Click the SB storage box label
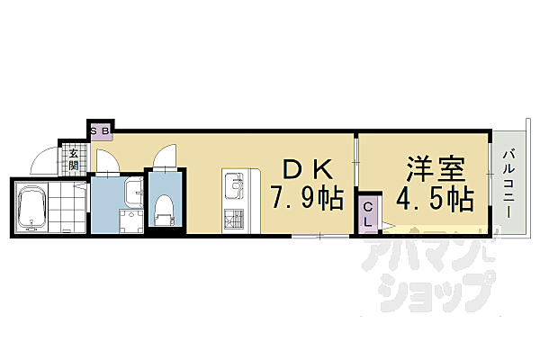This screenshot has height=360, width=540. (100, 131)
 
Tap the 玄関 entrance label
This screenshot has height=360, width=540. (73, 159)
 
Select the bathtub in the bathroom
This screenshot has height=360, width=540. (31, 208)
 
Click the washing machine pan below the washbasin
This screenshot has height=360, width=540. (130, 221)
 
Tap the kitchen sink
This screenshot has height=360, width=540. (234, 186)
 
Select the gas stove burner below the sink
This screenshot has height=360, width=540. (234, 218)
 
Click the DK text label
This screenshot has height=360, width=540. (307, 169)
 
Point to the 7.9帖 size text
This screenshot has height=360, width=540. (307, 197)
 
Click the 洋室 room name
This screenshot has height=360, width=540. (436, 169)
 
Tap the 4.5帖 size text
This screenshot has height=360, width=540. (436, 199)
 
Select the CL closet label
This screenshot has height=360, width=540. (368, 214)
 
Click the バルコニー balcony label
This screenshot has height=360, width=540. (509, 184)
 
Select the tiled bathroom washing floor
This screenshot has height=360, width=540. (67, 207)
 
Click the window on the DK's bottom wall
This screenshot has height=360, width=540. (320, 237)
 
